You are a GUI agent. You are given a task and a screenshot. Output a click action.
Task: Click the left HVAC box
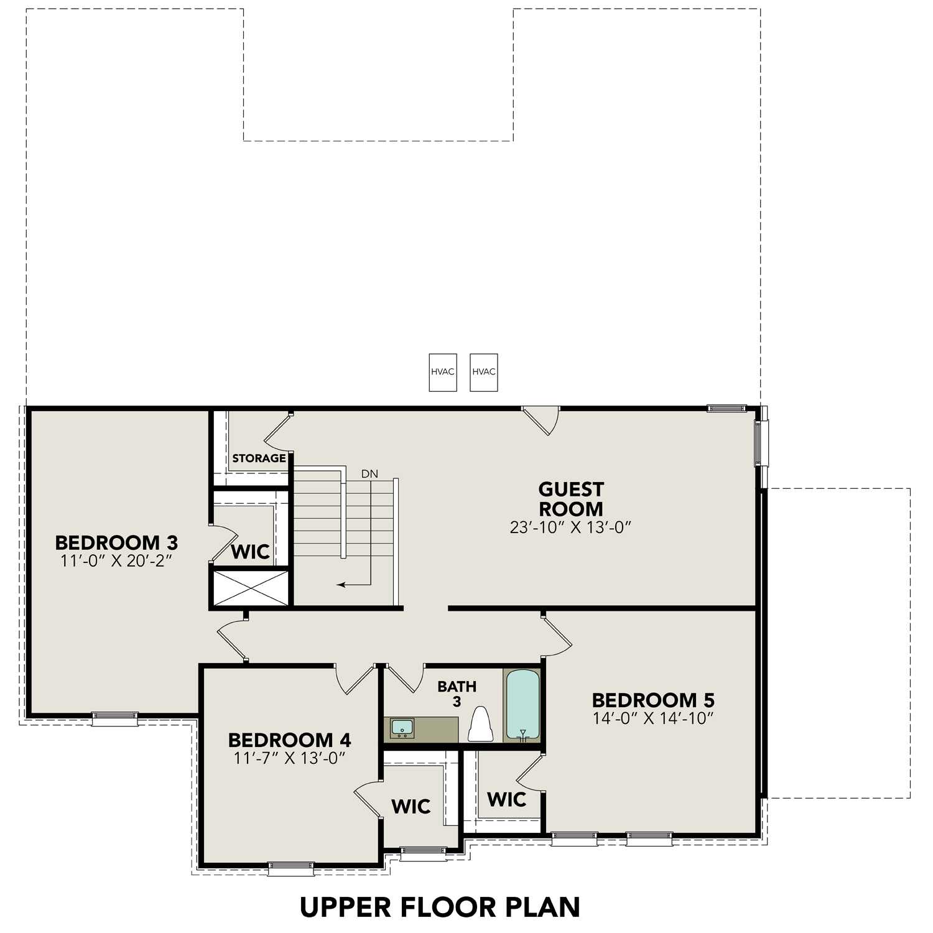click(443, 372)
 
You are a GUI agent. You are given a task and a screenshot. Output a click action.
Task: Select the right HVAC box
click(484, 372)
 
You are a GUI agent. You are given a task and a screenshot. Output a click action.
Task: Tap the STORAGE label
click(259, 458)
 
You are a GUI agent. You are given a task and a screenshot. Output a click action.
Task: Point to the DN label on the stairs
click(369, 474)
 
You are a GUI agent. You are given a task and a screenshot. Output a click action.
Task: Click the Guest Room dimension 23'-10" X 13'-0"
click(570, 527)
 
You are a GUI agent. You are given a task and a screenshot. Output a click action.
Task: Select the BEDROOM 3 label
click(116, 542)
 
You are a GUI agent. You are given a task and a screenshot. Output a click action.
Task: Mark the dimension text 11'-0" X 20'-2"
click(116, 560)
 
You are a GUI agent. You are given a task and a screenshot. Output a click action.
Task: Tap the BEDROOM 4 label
click(289, 740)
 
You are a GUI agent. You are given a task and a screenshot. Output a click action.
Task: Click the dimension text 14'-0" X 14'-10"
click(652, 718)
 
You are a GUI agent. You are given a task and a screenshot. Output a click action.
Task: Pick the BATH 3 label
click(457, 693)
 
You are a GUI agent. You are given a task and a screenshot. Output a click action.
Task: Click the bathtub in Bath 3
click(522, 705)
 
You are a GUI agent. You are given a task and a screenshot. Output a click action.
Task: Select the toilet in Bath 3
click(480, 725)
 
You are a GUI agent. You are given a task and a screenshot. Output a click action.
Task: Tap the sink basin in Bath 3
click(402, 727)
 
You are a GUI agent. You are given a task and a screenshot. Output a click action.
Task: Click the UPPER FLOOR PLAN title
click(440, 907)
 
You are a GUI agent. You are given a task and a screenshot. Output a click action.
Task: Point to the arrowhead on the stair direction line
click(340, 585)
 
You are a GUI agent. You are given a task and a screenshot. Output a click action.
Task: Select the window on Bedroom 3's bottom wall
click(115, 718)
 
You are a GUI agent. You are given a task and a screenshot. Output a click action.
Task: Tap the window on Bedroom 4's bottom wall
click(290, 868)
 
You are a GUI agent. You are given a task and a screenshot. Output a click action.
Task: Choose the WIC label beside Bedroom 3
click(250, 552)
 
